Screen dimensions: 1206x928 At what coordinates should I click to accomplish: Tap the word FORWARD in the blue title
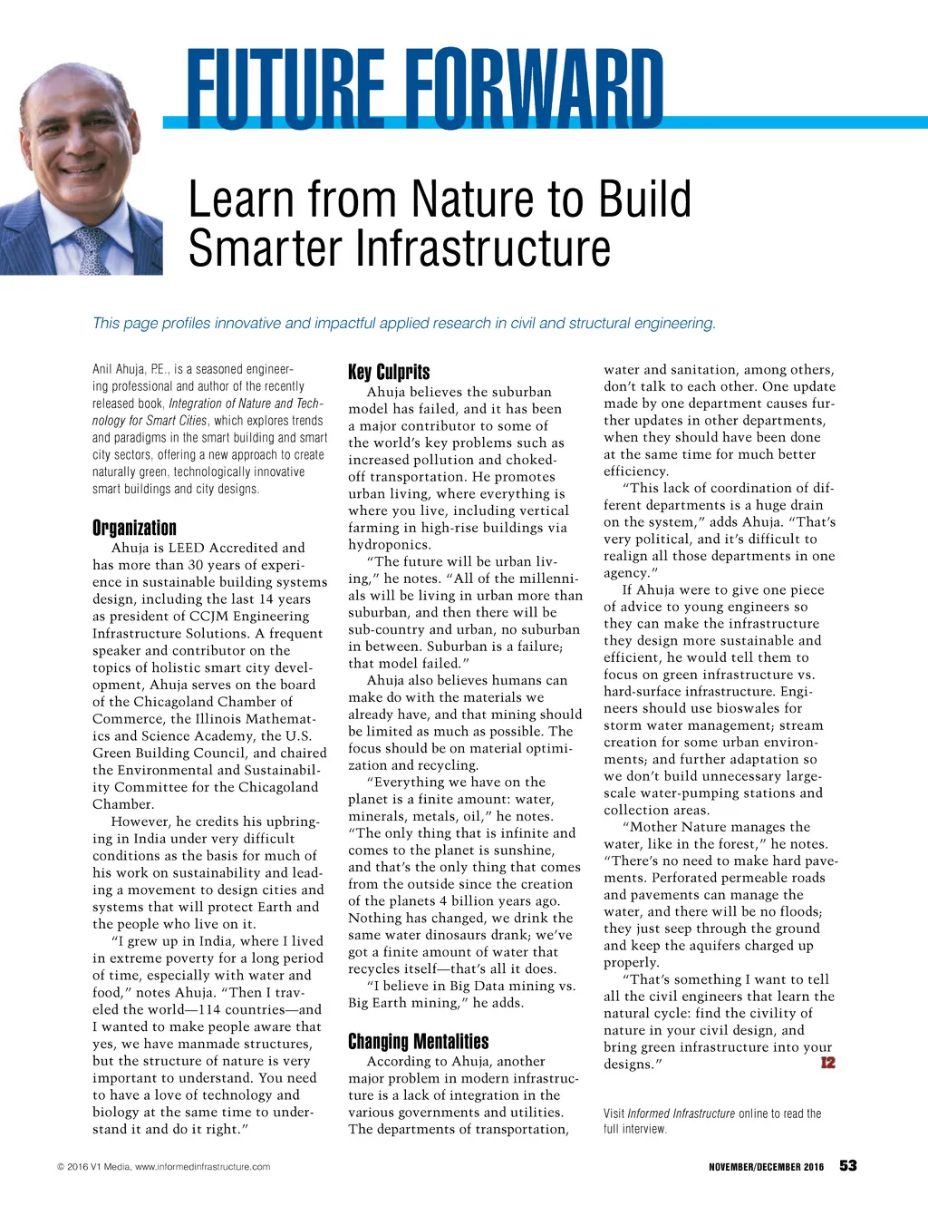(535, 88)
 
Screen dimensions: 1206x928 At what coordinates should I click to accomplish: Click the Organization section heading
(134, 528)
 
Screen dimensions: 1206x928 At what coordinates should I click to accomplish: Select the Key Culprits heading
(389, 372)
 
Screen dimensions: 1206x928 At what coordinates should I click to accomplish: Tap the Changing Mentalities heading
(418, 1041)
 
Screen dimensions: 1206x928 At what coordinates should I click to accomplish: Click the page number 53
(847, 1165)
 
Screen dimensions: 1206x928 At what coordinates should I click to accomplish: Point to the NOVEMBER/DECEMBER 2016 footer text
(766, 1167)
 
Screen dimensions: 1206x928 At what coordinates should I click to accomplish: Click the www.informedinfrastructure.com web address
(202, 1167)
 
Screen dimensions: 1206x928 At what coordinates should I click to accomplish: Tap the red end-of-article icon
(827, 1062)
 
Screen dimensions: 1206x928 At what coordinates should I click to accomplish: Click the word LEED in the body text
(186, 548)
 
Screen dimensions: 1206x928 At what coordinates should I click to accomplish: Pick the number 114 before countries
(208, 1009)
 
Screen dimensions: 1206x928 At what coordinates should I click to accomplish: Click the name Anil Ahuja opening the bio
(121, 369)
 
